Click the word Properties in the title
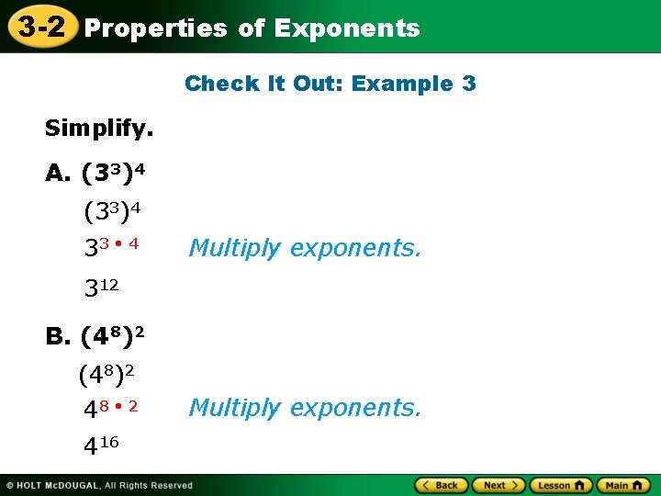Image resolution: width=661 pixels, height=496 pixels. (x=155, y=28)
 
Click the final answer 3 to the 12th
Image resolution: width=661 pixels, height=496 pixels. (x=101, y=288)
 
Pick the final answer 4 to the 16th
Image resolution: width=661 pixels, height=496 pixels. (x=101, y=446)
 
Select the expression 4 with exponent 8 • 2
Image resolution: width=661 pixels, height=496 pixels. (x=111, y=407)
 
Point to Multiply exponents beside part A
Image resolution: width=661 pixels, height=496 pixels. (x=305, y=248)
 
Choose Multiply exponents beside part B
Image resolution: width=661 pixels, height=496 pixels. (x=305, y=407)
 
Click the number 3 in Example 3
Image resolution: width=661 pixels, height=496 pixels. (x=469, y=84)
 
